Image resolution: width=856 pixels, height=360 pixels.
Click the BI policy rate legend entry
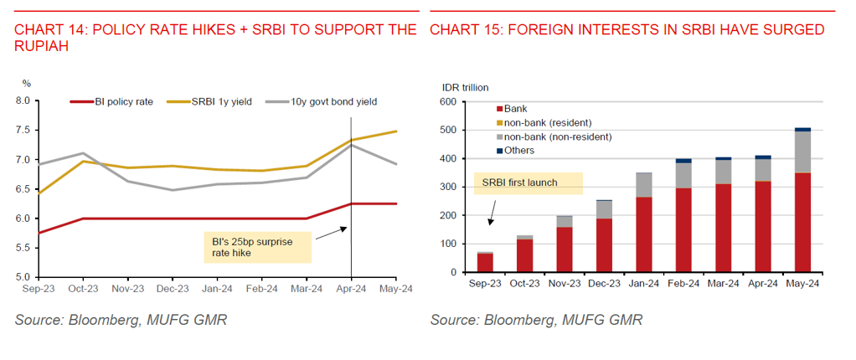[x=111, y=101]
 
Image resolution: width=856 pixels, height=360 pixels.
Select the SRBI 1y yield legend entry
[x=209, y=101]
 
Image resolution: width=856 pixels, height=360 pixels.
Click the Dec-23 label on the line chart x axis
[x=173, y=288]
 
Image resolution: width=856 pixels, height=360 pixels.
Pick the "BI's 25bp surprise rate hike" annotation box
[x=257, y=247]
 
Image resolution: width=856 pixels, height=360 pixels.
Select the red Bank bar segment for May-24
[x=802, y=223]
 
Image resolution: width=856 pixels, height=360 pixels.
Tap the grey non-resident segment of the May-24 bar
[x=802, y=152]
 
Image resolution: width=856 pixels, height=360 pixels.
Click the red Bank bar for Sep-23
[x=486, y=263]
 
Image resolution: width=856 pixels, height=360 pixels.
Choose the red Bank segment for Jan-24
[x=644, y=234]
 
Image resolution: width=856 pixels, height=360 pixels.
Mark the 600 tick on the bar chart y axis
[x=447, y=102]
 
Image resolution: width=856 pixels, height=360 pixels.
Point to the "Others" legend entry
[x=515, y=150]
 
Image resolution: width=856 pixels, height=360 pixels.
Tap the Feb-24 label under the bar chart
[x=683, y=284]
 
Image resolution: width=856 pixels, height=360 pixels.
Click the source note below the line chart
[x=121, y=320]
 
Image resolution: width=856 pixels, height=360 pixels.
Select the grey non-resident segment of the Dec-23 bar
[x=605, y=210]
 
